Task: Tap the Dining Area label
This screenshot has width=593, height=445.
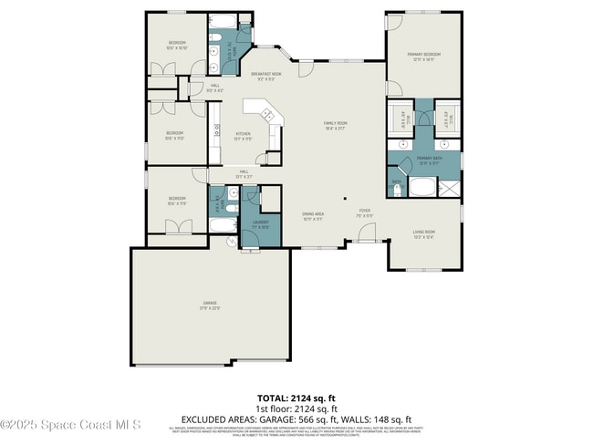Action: click(x=313, y=217)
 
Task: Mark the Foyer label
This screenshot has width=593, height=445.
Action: click(x=364, y=212)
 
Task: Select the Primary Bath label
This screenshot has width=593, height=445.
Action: click(x=429, y=160)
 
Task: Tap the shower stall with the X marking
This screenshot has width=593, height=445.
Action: click(x=450, y=189)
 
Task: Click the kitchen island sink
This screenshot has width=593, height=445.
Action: click(x=267, y=116)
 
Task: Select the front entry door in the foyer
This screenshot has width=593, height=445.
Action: click(x=366, y=235)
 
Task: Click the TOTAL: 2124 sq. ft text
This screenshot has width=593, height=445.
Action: click(x=296, y=398)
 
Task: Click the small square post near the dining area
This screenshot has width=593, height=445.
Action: click(x=345, y=198)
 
